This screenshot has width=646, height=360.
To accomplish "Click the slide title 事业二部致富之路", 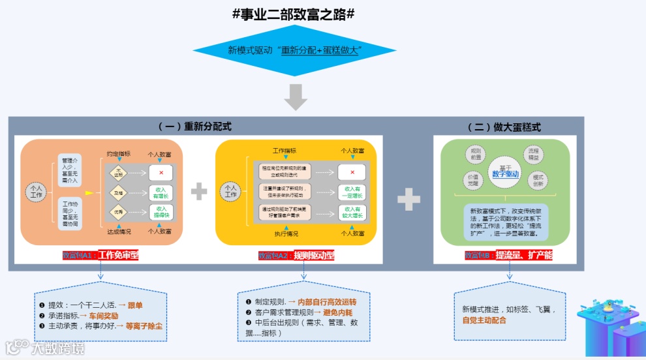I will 294,14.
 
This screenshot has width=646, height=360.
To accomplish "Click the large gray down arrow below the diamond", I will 296,97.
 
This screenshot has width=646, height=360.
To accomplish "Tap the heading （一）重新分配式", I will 195,127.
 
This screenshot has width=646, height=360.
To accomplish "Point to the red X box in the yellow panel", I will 352,172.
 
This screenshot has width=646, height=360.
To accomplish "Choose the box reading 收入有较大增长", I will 352,213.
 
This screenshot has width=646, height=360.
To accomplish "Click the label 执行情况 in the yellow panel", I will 285,232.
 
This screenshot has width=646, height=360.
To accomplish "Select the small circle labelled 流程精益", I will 534,154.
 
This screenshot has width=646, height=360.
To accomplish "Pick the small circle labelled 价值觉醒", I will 472,180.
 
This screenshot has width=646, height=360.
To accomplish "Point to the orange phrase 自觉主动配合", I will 484,320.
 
